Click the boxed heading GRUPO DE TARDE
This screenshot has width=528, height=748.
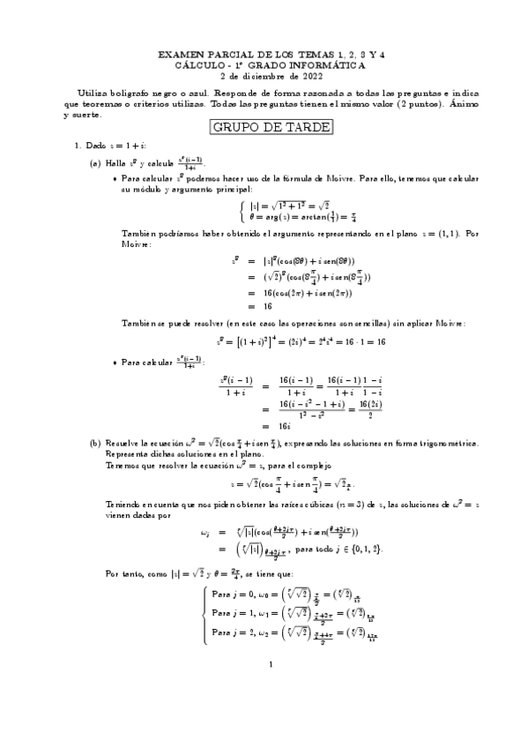pyautogui.click(x=271, y=127)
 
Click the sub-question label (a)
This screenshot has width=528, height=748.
pyautogui.click(x=95, y=163)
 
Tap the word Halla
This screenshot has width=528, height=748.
pyautogui.click(x=116, y=163)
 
